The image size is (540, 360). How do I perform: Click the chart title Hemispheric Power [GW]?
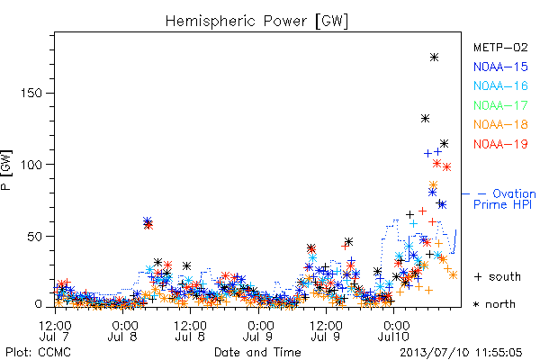click(x=256, y=21)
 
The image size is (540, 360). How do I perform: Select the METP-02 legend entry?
click(x=500, y=47)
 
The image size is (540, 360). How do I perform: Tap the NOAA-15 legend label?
click(x=500, y=67)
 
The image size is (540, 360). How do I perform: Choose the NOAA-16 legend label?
click(x=500, y=85)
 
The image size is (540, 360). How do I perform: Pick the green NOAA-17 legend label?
click(x=500, y=105)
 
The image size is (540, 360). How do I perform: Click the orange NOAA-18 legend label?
click(x=500, y=124)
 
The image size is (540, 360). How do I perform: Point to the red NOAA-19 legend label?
click(x=500, y=144)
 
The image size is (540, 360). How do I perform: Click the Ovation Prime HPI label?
click(x=504, y=199)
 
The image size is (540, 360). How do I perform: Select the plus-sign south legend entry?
click(x=497, y=276)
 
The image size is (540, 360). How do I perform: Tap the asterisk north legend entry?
click(x=494, y=304)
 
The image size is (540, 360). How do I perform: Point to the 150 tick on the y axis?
click(x=31, y=93)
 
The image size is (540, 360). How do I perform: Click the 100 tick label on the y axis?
click(x=31, y=165)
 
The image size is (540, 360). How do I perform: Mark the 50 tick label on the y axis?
click(x=35, y=236)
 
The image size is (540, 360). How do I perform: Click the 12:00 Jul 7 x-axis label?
click(x=55, y=330)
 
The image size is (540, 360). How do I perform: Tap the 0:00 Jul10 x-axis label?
click(x=393, y=330)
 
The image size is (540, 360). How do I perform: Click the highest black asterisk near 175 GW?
click(x=435, y=58)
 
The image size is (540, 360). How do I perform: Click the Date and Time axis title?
click(x=257, y=353)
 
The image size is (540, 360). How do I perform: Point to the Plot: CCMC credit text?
click(x=38, y=353)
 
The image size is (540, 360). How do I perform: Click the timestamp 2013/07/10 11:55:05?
click(x=461, y=353)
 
